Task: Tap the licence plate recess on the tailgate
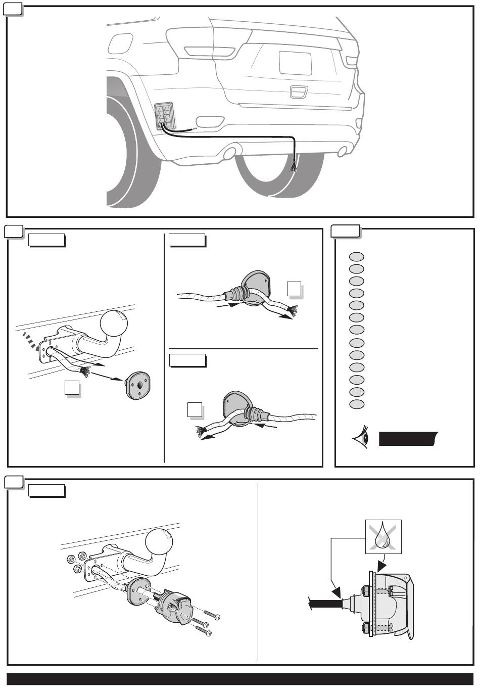296,63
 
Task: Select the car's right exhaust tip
343,150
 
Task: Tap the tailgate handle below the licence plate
299,91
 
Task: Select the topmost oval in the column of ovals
356,256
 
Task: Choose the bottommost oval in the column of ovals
356,404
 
